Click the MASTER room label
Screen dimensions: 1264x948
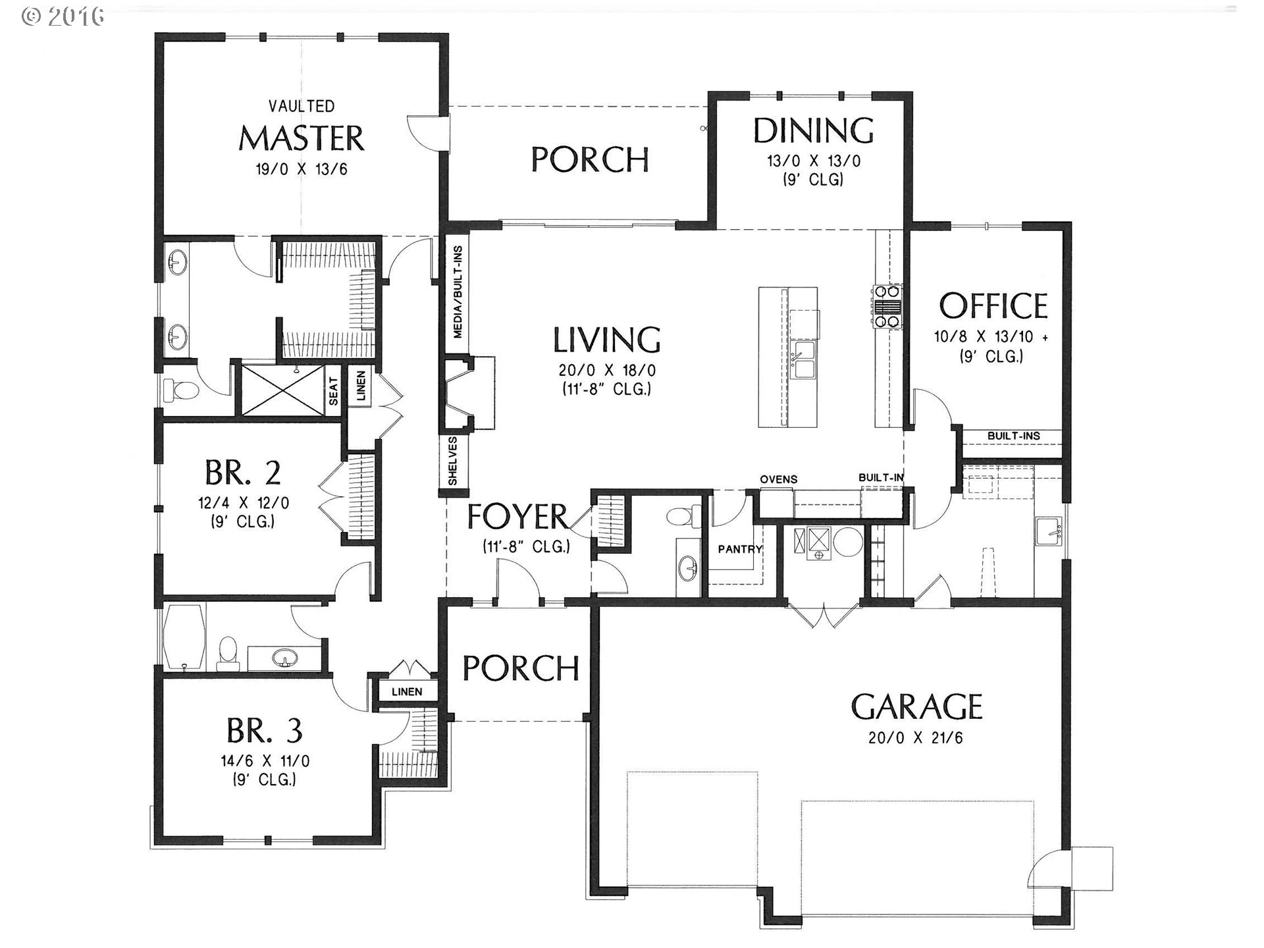coord(301,138)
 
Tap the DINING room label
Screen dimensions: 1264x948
coord(814,130)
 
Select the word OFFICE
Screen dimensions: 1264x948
coord(993,306)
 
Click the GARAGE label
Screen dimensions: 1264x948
coord(916,707)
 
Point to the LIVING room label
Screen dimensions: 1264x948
coord(606,340)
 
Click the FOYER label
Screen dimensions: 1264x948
coord(517,517)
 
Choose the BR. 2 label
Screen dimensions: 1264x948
coord(243,472)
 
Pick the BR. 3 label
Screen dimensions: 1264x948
coord(265,730)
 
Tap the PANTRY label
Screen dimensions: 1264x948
coord(740,549)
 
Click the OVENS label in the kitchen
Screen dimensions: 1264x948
coord(779,479)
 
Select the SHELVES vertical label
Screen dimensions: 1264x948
coord(453,461)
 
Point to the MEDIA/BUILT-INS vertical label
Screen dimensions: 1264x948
coord(458,292)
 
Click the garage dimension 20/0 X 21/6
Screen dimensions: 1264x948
coord(916,738)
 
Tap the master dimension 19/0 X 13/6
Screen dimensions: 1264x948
coord(302,169)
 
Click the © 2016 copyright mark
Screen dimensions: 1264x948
coord(63,16)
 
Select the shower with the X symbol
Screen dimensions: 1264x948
coord(284,390)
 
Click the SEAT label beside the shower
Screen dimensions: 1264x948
coord(334,391)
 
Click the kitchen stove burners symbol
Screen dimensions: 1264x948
coord(887,306)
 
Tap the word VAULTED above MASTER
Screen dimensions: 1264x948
coord(302,106)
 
